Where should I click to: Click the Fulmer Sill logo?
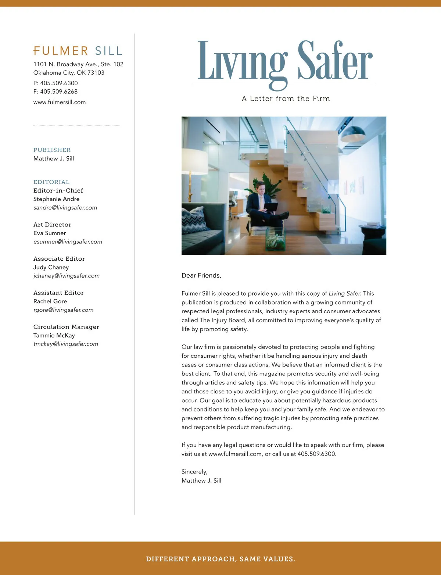coord(78,51)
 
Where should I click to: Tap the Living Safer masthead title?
coord(285,62)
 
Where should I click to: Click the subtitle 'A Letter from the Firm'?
coord(286,99)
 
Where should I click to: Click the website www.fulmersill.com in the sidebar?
coord(60,102)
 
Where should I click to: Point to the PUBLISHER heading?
coord(52,150)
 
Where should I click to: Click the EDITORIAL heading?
coord(51,182)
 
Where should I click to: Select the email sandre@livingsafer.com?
coord(65,208)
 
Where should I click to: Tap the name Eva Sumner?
coord(50,233)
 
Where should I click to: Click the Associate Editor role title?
coord(59,259)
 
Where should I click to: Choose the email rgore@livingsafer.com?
coord(64,310)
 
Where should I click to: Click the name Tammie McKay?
coord(54,335)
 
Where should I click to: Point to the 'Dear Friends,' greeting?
coord(201,276)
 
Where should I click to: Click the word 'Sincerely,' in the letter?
coord(194,472)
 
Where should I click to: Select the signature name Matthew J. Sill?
coord(201,481)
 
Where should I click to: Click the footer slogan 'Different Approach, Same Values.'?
coord(220,559)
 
